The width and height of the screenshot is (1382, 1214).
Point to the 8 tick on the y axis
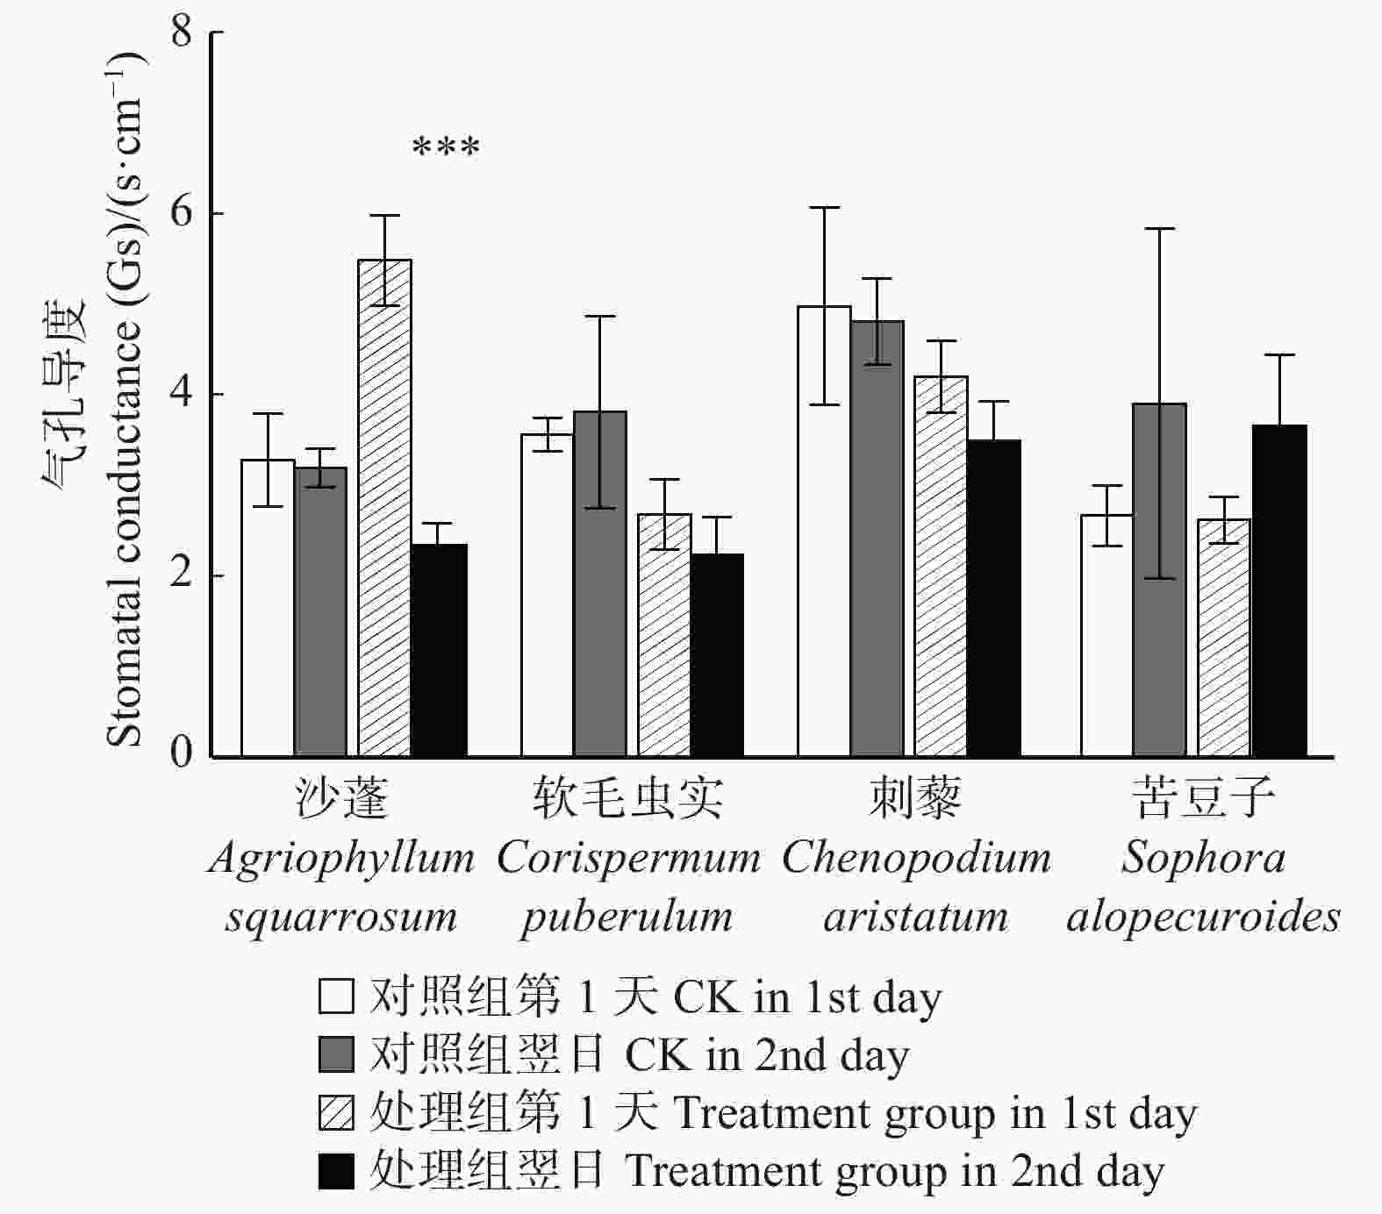click(211, 32)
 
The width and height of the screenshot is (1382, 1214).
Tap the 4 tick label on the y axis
click(182, 394)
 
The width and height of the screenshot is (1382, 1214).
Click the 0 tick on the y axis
click(211, 756)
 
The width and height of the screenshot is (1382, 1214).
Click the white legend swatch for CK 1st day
click(336, 996)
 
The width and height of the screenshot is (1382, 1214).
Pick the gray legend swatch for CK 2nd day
click(336, 1054)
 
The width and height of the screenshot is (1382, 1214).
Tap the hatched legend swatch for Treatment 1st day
click(336, 1112)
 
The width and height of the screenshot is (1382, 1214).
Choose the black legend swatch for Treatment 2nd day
click(336, 1171)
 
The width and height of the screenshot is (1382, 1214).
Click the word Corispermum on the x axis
click(628, 858)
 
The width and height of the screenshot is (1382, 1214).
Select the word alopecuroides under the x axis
click(1203, 918)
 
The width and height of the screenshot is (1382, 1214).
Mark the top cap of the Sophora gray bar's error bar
click(1159, 229)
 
